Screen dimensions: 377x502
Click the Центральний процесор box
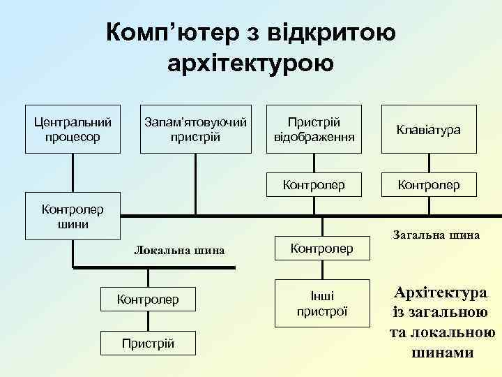click(x=73, y=128)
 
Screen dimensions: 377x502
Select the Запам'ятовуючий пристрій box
click(x=195, y=128)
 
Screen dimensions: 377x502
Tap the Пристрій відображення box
click(x=314, y=128)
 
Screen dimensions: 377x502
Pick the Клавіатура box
click(x=428, y=128)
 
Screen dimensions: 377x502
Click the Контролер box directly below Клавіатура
click(x=428, y=185)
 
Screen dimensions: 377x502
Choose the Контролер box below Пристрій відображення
click(x=314, y=185)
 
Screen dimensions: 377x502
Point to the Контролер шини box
click(x=73, y=216)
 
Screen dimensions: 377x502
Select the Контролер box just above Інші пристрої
click(x=321, y=248)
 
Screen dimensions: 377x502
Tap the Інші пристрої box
click(x=321, y=303)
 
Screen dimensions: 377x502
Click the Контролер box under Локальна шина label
click(x=148, y=300)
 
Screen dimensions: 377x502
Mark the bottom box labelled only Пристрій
click(x=148, y=343)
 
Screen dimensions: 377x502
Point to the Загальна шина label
click(x=436, y=235)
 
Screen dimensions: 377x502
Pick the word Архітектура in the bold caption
click(x=440, y=292)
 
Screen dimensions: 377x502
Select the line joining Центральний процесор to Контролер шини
click(x=73, y=174)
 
